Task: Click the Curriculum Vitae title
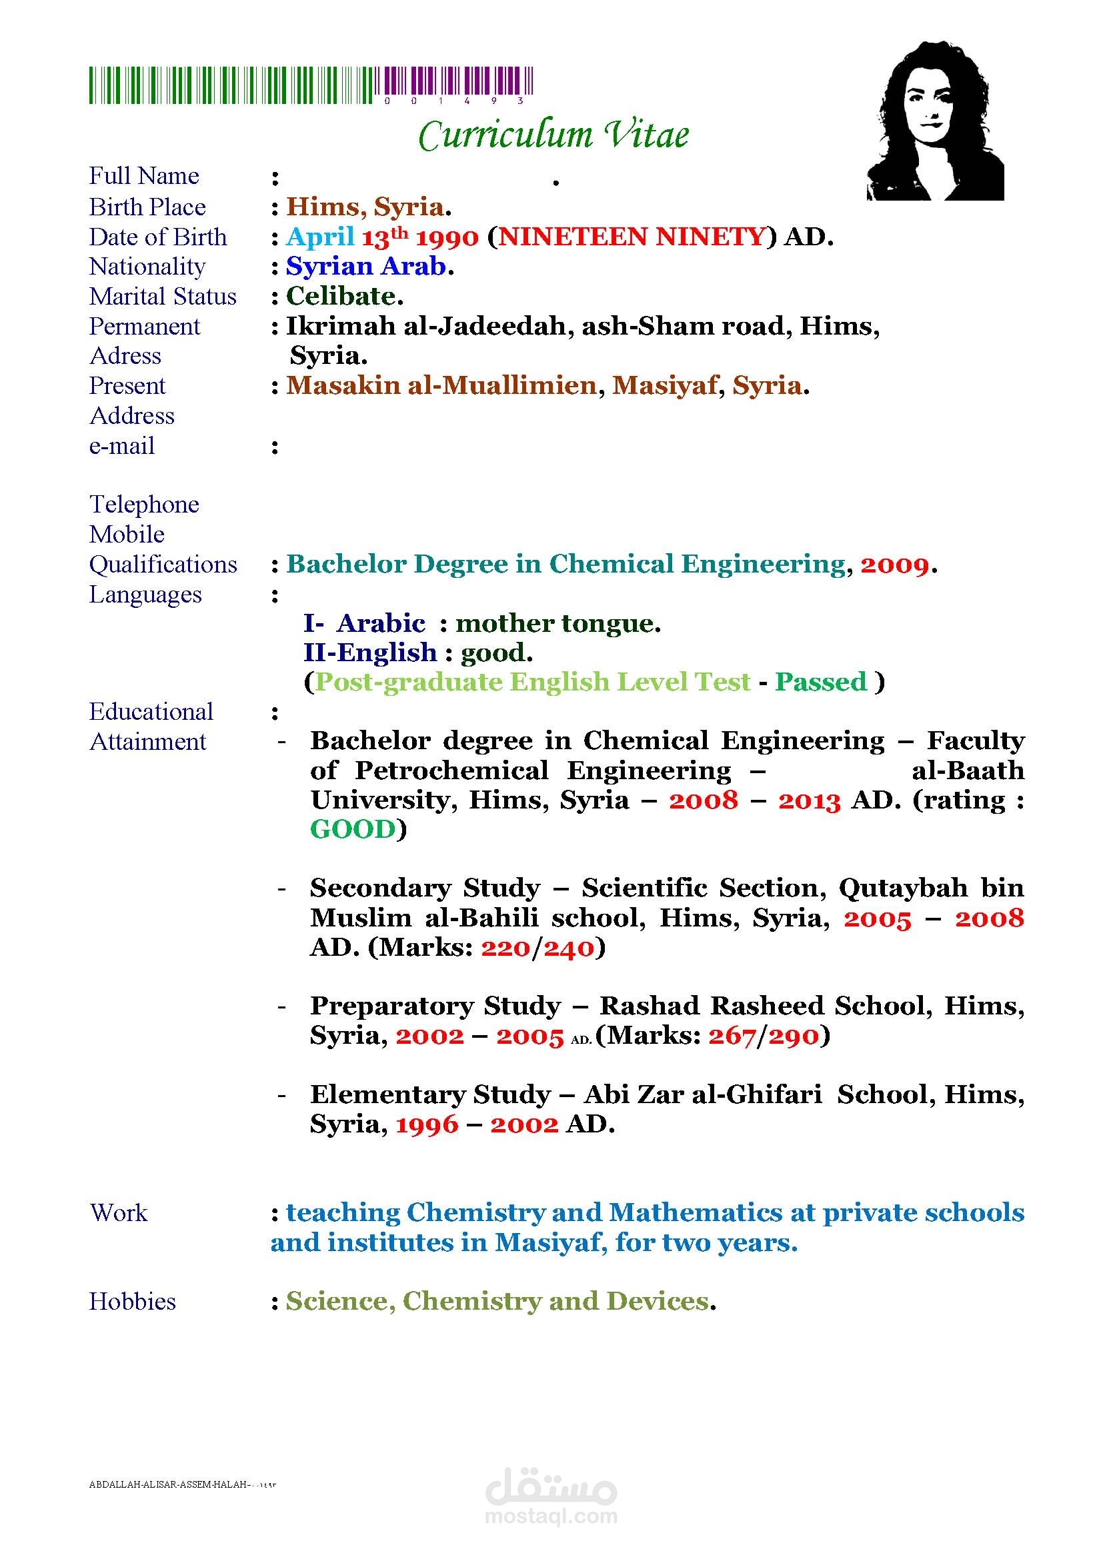click(553, 135)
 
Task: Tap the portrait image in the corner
click(934, 121)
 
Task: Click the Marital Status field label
click(163, 297)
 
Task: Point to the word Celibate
click(341, 296)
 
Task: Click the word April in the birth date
click(320, 237)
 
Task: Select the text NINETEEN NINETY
click(632, 237)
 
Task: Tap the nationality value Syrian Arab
click(365, 266)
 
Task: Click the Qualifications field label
click(163, 565)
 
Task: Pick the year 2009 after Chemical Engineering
click(894, 565)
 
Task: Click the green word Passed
click(821, 682)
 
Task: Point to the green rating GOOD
click(353, 830)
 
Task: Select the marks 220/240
click(538, 948)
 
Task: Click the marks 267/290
click(764, 1036)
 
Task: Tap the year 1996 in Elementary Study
click(427, 1125)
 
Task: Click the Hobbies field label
click(133, 1302)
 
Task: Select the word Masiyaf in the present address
click(664, 386)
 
